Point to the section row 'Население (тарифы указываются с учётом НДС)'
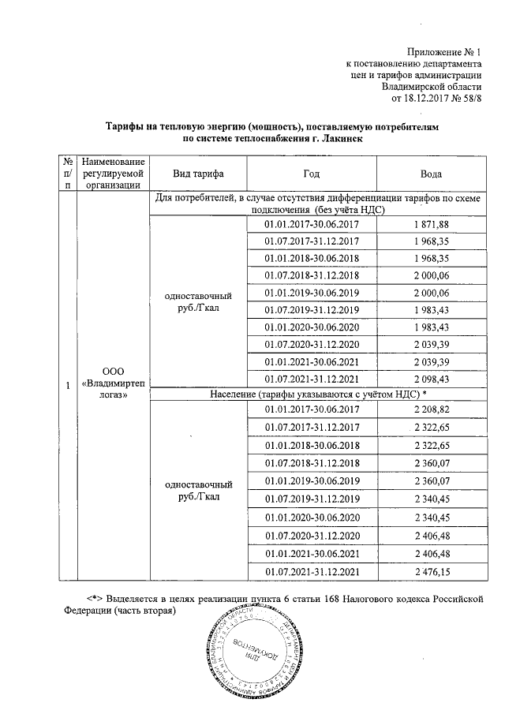317,394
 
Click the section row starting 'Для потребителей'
317,203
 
